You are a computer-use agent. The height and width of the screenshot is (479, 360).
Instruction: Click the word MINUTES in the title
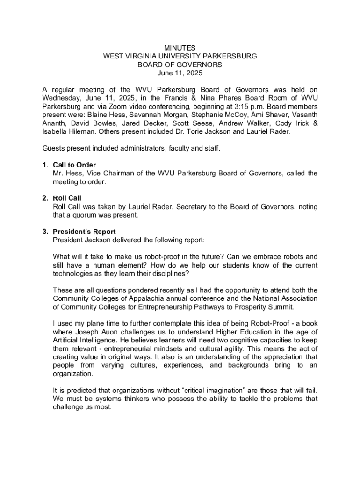click(180, 48)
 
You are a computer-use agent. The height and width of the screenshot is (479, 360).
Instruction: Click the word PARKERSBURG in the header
click(227, 56)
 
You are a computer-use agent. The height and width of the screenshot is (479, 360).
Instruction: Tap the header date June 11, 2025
click(180, 73)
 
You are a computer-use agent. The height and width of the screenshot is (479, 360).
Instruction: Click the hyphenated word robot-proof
click(171, 257)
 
